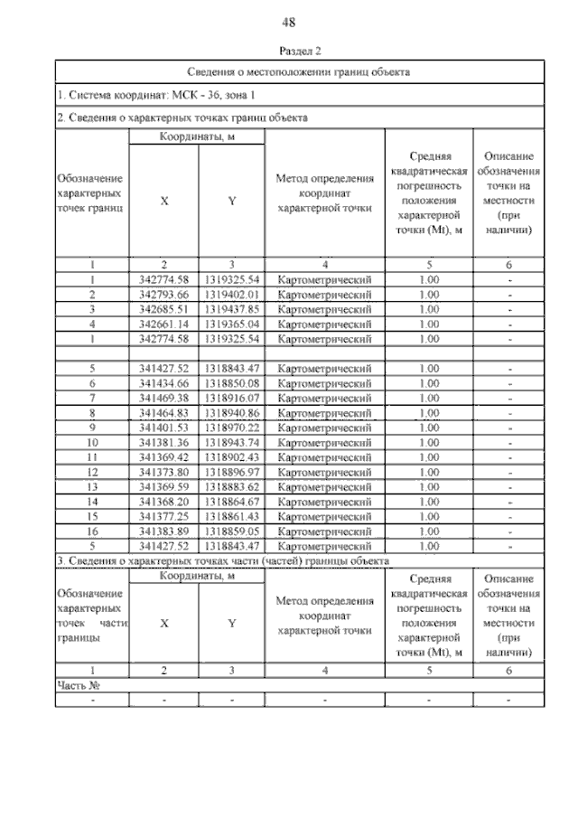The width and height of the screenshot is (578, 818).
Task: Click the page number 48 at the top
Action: pos(289,22)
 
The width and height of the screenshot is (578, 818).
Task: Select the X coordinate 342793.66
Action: pos(164,295)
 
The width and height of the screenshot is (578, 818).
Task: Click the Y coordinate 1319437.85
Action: pos(232,309)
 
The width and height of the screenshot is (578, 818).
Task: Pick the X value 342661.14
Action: pos(164,324)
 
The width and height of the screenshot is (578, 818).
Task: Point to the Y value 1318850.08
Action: pos(232,383)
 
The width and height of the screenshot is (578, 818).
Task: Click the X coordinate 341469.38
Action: pos(164,398)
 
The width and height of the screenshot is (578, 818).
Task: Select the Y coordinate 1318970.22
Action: pos(232,428)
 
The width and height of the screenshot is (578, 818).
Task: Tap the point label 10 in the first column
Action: pos(92,442)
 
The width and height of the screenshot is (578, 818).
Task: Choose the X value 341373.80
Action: pos(164,472)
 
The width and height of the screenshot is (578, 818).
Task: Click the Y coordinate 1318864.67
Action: pos(232,502)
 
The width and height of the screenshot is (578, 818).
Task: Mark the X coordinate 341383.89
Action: pos(164,531)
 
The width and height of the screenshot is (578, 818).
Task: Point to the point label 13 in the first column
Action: pos(92,486)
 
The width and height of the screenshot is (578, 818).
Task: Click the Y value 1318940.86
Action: pos(232,412)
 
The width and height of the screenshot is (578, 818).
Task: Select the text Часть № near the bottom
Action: pos(78,685)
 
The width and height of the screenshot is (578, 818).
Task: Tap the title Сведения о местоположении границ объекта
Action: pos(301,71)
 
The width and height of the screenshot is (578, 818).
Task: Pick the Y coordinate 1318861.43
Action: pos(232,516)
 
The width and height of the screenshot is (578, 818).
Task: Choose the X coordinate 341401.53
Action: pos(164,428)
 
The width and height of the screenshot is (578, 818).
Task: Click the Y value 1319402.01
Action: pos(232,295)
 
